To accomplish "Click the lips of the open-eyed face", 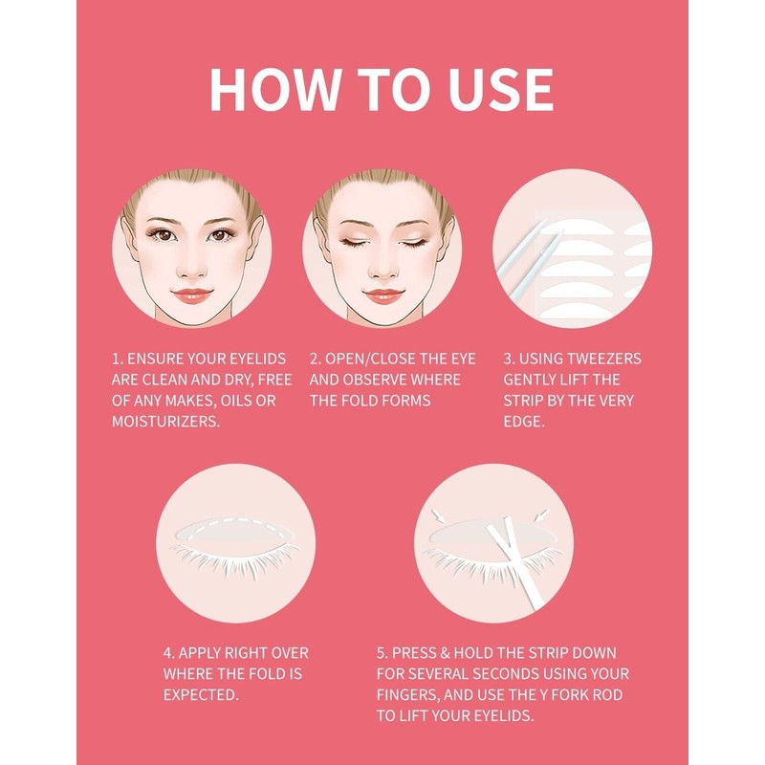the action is [192, 295].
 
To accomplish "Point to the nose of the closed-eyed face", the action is [383, 270].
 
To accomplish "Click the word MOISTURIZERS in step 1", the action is [165, 422].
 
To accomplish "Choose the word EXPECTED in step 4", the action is [201, 695].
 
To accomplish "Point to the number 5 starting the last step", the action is [382, 653].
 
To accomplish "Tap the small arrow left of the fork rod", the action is [438, 516].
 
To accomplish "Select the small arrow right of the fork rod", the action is [541, 515].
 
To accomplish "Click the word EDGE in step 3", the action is [523, 422].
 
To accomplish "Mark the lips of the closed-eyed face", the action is [383, 295].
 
